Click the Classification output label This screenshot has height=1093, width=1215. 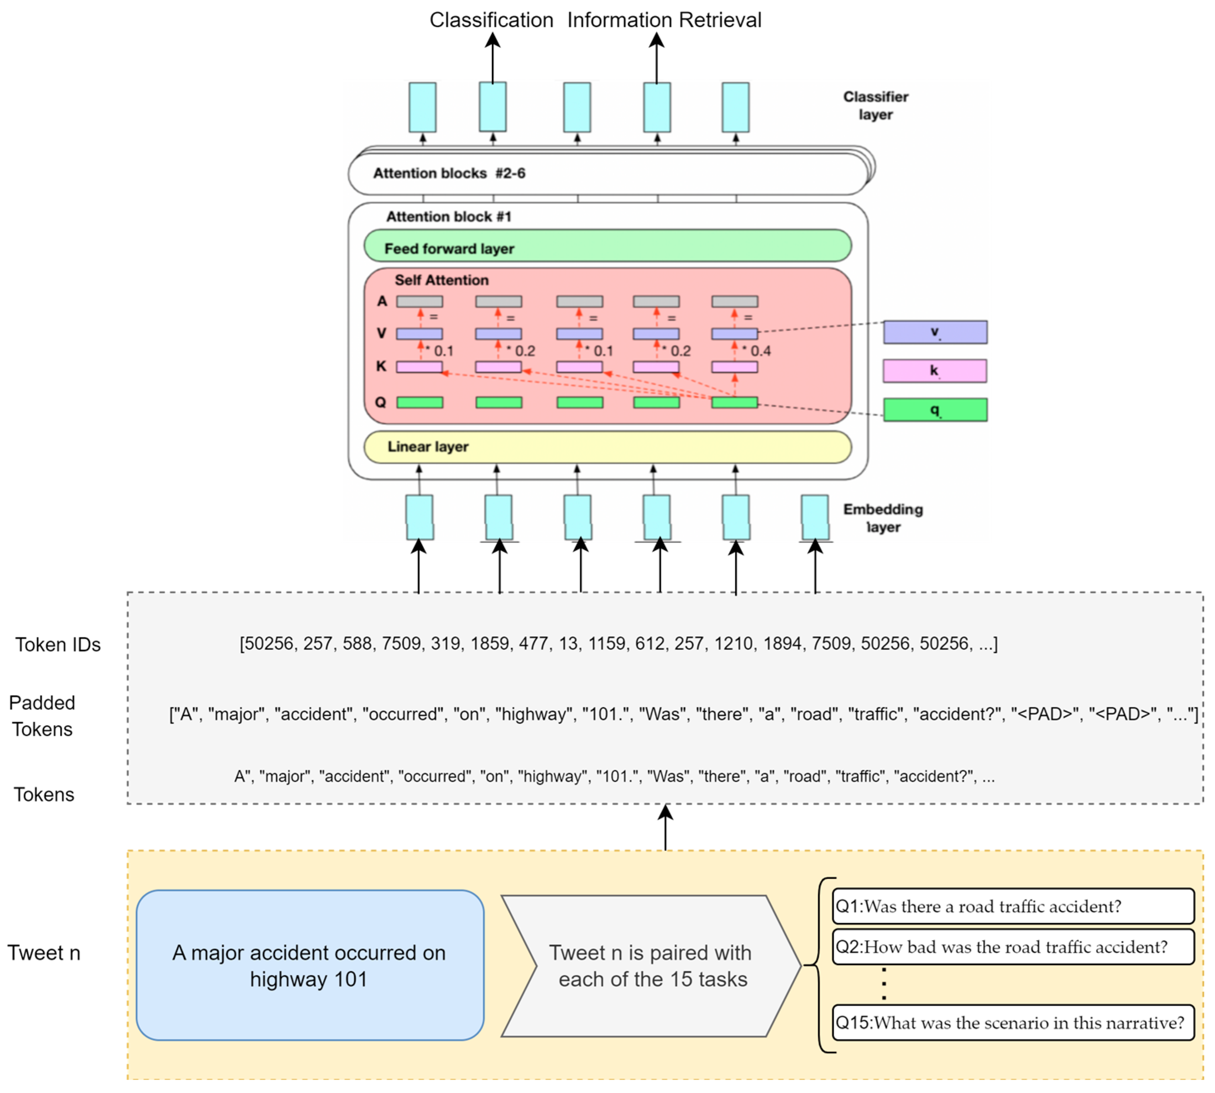(490, 20)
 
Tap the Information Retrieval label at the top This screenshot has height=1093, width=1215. (664, 20)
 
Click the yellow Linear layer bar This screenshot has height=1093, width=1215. (607, 447)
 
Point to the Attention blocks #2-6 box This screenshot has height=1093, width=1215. (607, 174)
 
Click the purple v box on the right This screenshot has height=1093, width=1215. (934, 332)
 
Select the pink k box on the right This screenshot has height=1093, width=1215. (934, 371)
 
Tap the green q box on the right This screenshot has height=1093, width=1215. (934, 410)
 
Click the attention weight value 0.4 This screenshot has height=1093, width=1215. (759, 351)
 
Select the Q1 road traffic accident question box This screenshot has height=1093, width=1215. (1012, 906)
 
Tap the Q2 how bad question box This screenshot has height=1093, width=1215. (1012, 947)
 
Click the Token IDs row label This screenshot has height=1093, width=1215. (58, 644)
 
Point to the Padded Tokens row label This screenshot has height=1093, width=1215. (42, 716)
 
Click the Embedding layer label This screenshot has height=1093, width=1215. (883, 518)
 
